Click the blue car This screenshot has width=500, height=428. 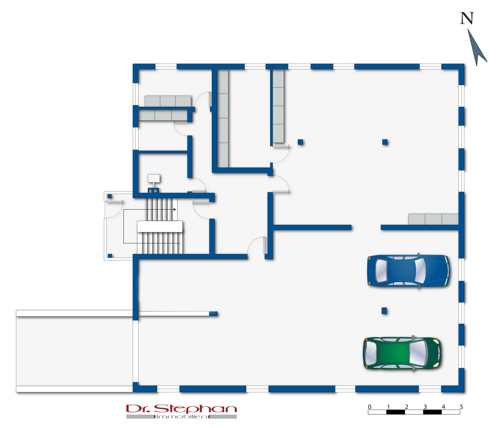point(408,271)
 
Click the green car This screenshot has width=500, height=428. point(402,353)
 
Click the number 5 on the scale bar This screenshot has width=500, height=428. point(461,407)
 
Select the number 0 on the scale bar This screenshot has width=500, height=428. point(370,407)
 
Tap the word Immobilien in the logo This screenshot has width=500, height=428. point(182,417)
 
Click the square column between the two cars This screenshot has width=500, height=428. point(384,311)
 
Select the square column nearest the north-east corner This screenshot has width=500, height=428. point(385,142)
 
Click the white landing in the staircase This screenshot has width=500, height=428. point(160,226)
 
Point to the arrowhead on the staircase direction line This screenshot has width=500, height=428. point(175,209)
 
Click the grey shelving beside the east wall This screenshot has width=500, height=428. point(433,219)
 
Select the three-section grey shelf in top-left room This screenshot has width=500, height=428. point(168,101)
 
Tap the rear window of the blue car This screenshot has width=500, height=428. point(381,271)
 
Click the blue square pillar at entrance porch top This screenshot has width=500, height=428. point(109,196)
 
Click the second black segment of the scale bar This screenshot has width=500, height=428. point(432,412)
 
